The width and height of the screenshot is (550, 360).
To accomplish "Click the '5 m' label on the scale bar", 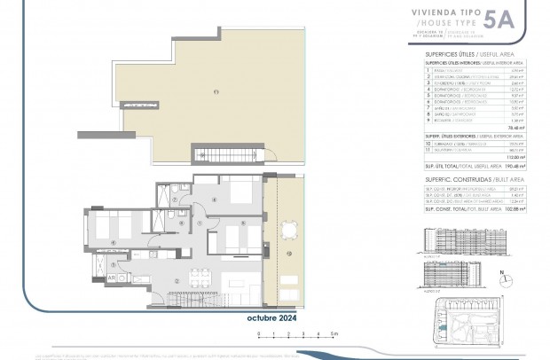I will pos(332,335).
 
